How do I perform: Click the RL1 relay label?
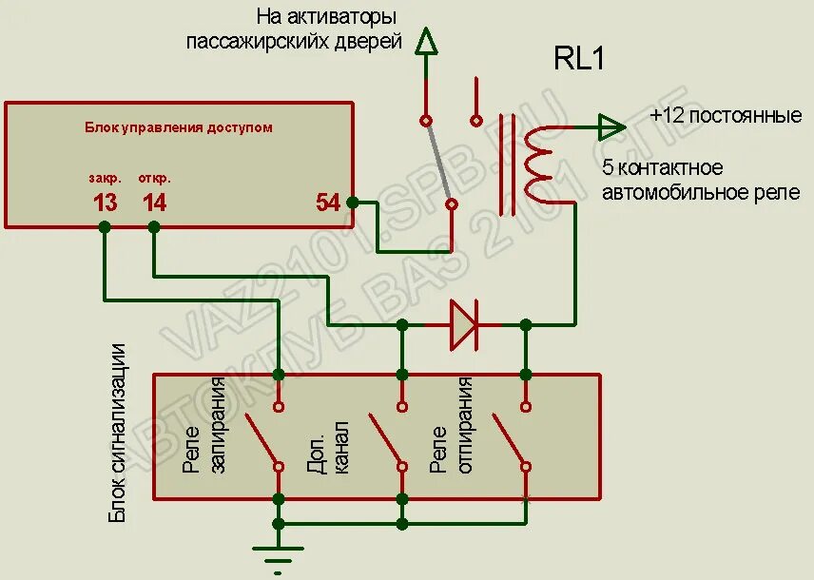click(x=579, y=59)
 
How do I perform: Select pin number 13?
click(x=105, y=203)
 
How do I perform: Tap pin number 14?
click(x=154, y=203)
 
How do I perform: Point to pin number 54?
click(x=328, y=203)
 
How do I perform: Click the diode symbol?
click(x=463, y=324)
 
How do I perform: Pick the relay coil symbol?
click(x=539, y=164)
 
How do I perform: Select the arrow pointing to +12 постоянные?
click(x=611, y=126)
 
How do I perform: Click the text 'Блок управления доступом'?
click(x=179, y=127)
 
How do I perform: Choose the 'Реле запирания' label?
click(x=205, y=426)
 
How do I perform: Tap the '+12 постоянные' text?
click(x=726, y=116)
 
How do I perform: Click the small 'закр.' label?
click(x=105, y=178)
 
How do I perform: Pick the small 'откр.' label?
click(x=154, y=178)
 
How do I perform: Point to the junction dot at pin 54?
click(x=353, y=203)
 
